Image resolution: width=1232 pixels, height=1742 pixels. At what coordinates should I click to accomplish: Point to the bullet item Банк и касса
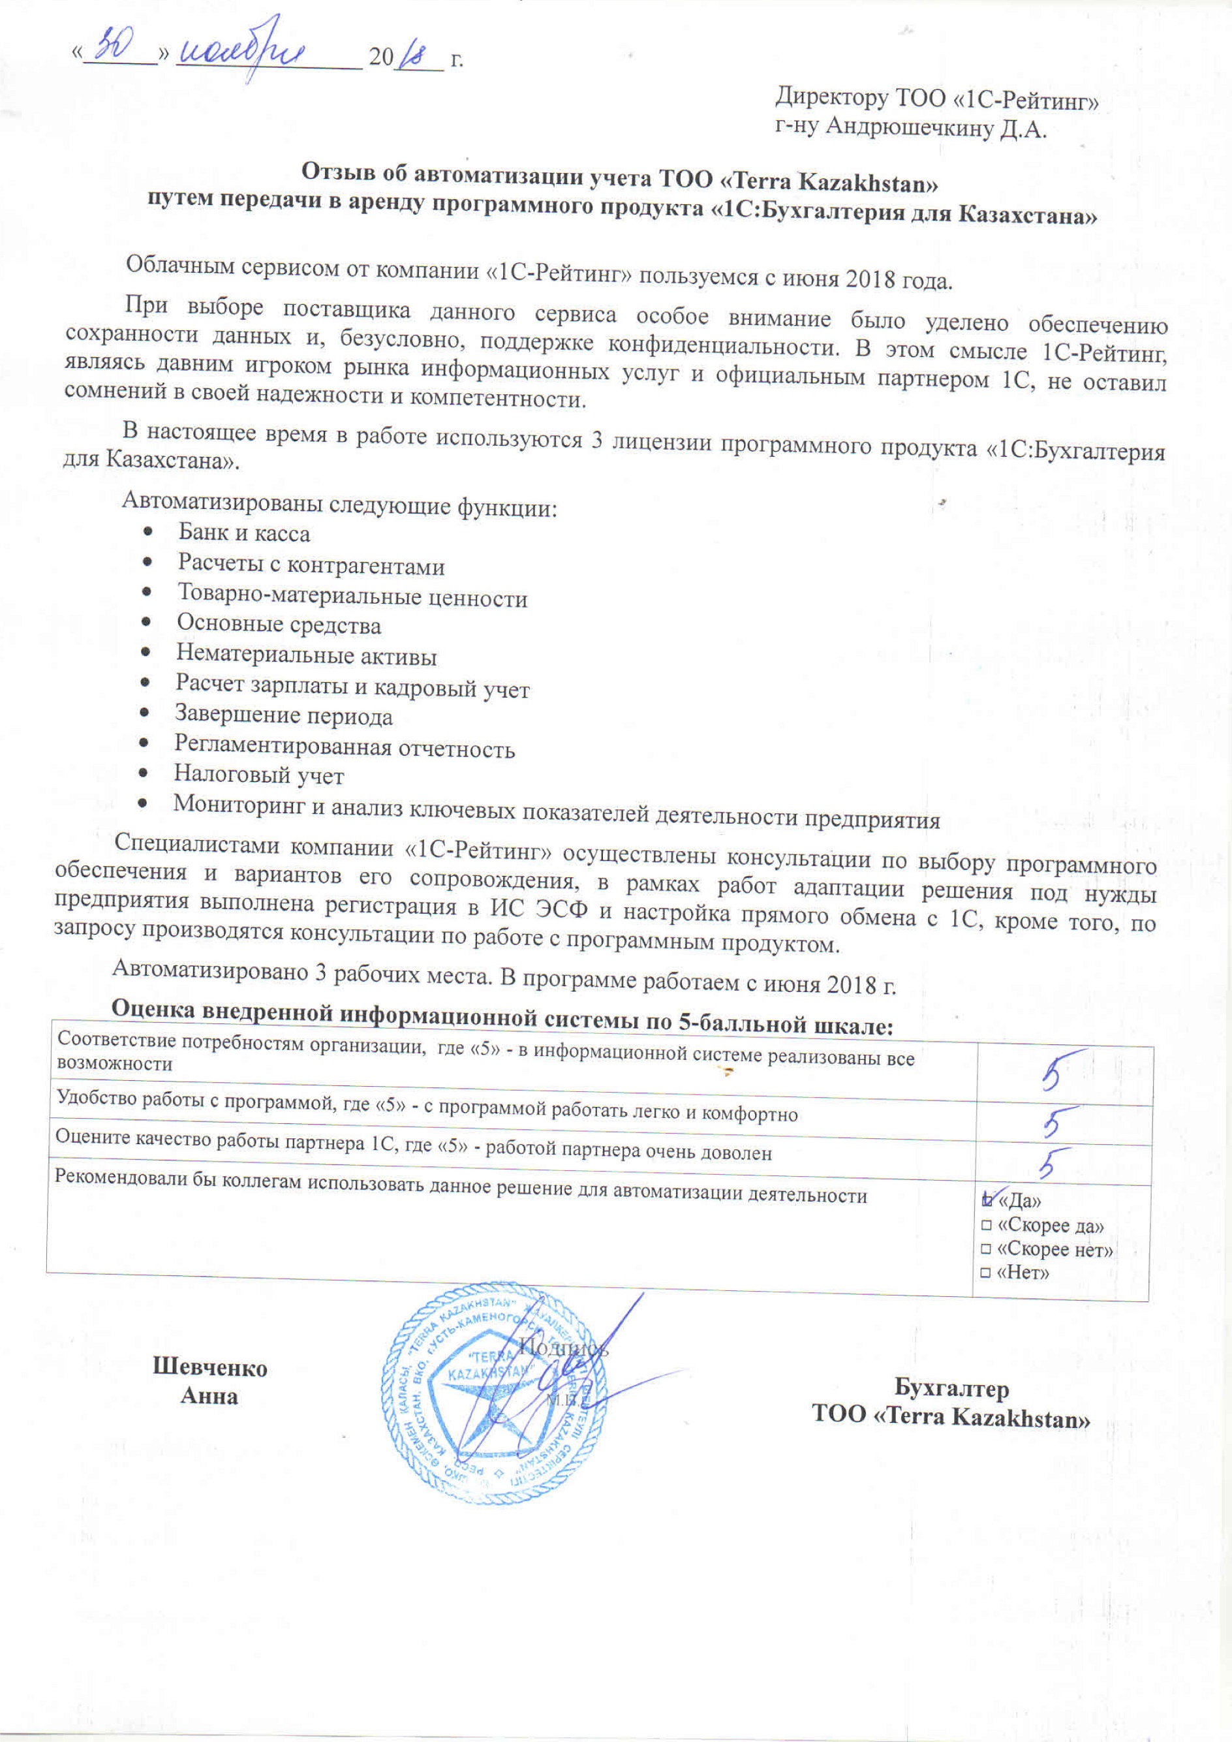pyautogui.click(x=243, y=533)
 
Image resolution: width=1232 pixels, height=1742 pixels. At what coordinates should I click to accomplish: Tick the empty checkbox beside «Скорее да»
pyautogui.click(x=986, y=1227)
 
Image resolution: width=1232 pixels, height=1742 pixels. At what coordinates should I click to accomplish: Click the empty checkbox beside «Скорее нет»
pyautogui.click(x=986, y=1250)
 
